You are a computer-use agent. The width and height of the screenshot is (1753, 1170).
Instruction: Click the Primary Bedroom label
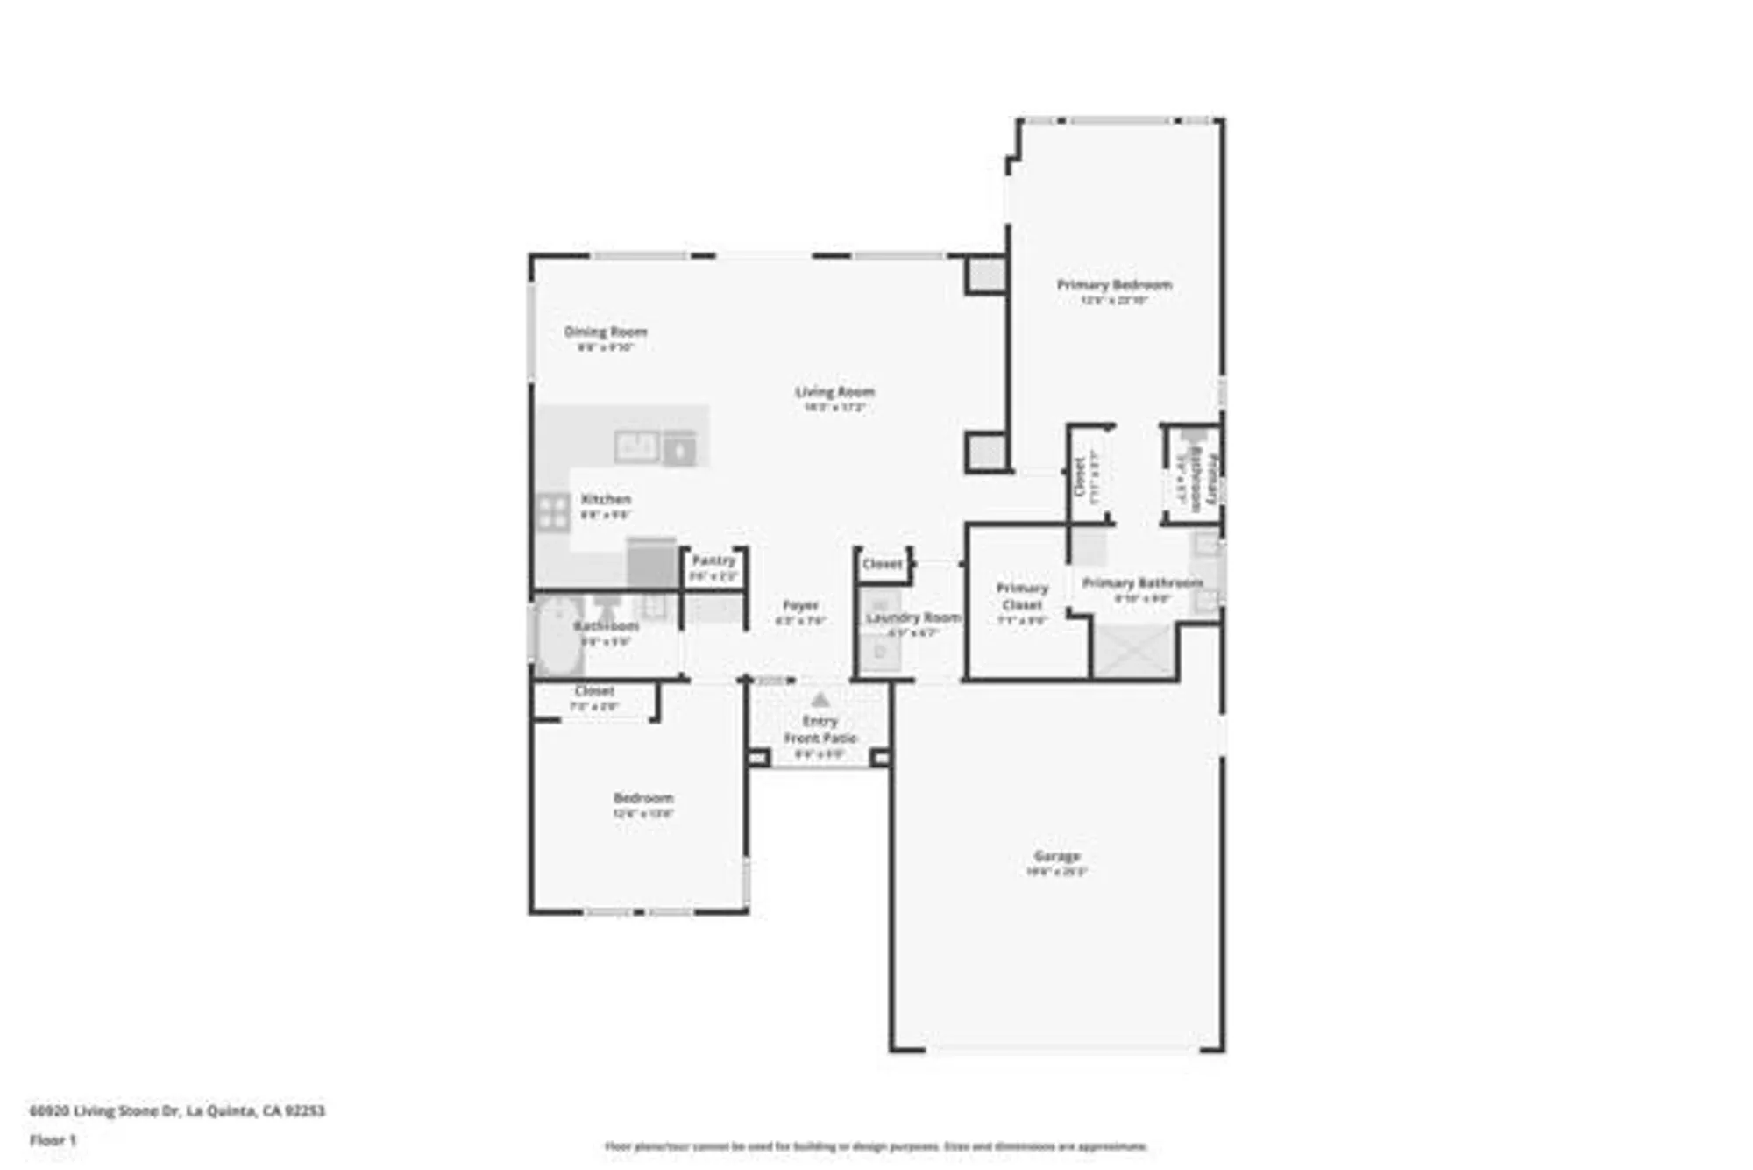tap(1113, 285)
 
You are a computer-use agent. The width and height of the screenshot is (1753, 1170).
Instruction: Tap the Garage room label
tap(1056, 856)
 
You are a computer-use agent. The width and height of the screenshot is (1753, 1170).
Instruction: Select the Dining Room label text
tap(605, 332)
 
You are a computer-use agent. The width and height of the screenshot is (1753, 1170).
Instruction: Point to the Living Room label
tap(834, 392)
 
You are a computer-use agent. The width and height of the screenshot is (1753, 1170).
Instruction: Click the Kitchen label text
tap(606, 499)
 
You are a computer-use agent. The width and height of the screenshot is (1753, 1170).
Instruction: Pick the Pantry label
tap(713, 560)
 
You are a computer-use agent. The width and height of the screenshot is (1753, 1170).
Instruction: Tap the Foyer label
tap(800, 605)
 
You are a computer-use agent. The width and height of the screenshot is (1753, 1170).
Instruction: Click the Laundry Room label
tap(912, 617)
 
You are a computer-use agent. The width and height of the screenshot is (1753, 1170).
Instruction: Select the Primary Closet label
tap(1022, 596)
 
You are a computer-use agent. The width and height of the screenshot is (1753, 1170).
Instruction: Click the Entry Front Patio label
tap(820, 730)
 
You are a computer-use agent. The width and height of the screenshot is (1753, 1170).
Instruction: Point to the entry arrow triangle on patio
tap(820, 700)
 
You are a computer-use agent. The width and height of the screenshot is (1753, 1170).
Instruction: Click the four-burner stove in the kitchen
tap(552, 512)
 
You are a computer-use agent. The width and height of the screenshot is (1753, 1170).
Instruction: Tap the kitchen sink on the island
tap(636, 446)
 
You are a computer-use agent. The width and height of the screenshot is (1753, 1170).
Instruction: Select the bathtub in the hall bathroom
tap(558, 636)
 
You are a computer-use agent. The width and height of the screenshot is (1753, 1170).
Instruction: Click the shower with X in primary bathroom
tap(1134, 651)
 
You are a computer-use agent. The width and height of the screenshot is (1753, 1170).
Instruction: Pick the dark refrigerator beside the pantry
tap(651, 563)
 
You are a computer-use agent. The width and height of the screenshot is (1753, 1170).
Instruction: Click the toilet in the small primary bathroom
tap(1192, 438)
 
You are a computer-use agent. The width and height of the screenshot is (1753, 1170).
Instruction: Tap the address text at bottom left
tap(177, 1110)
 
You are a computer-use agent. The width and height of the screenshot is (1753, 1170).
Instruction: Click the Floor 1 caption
tap(53, 1140)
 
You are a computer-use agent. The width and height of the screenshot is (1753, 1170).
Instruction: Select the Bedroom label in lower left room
tap(643, 798)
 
